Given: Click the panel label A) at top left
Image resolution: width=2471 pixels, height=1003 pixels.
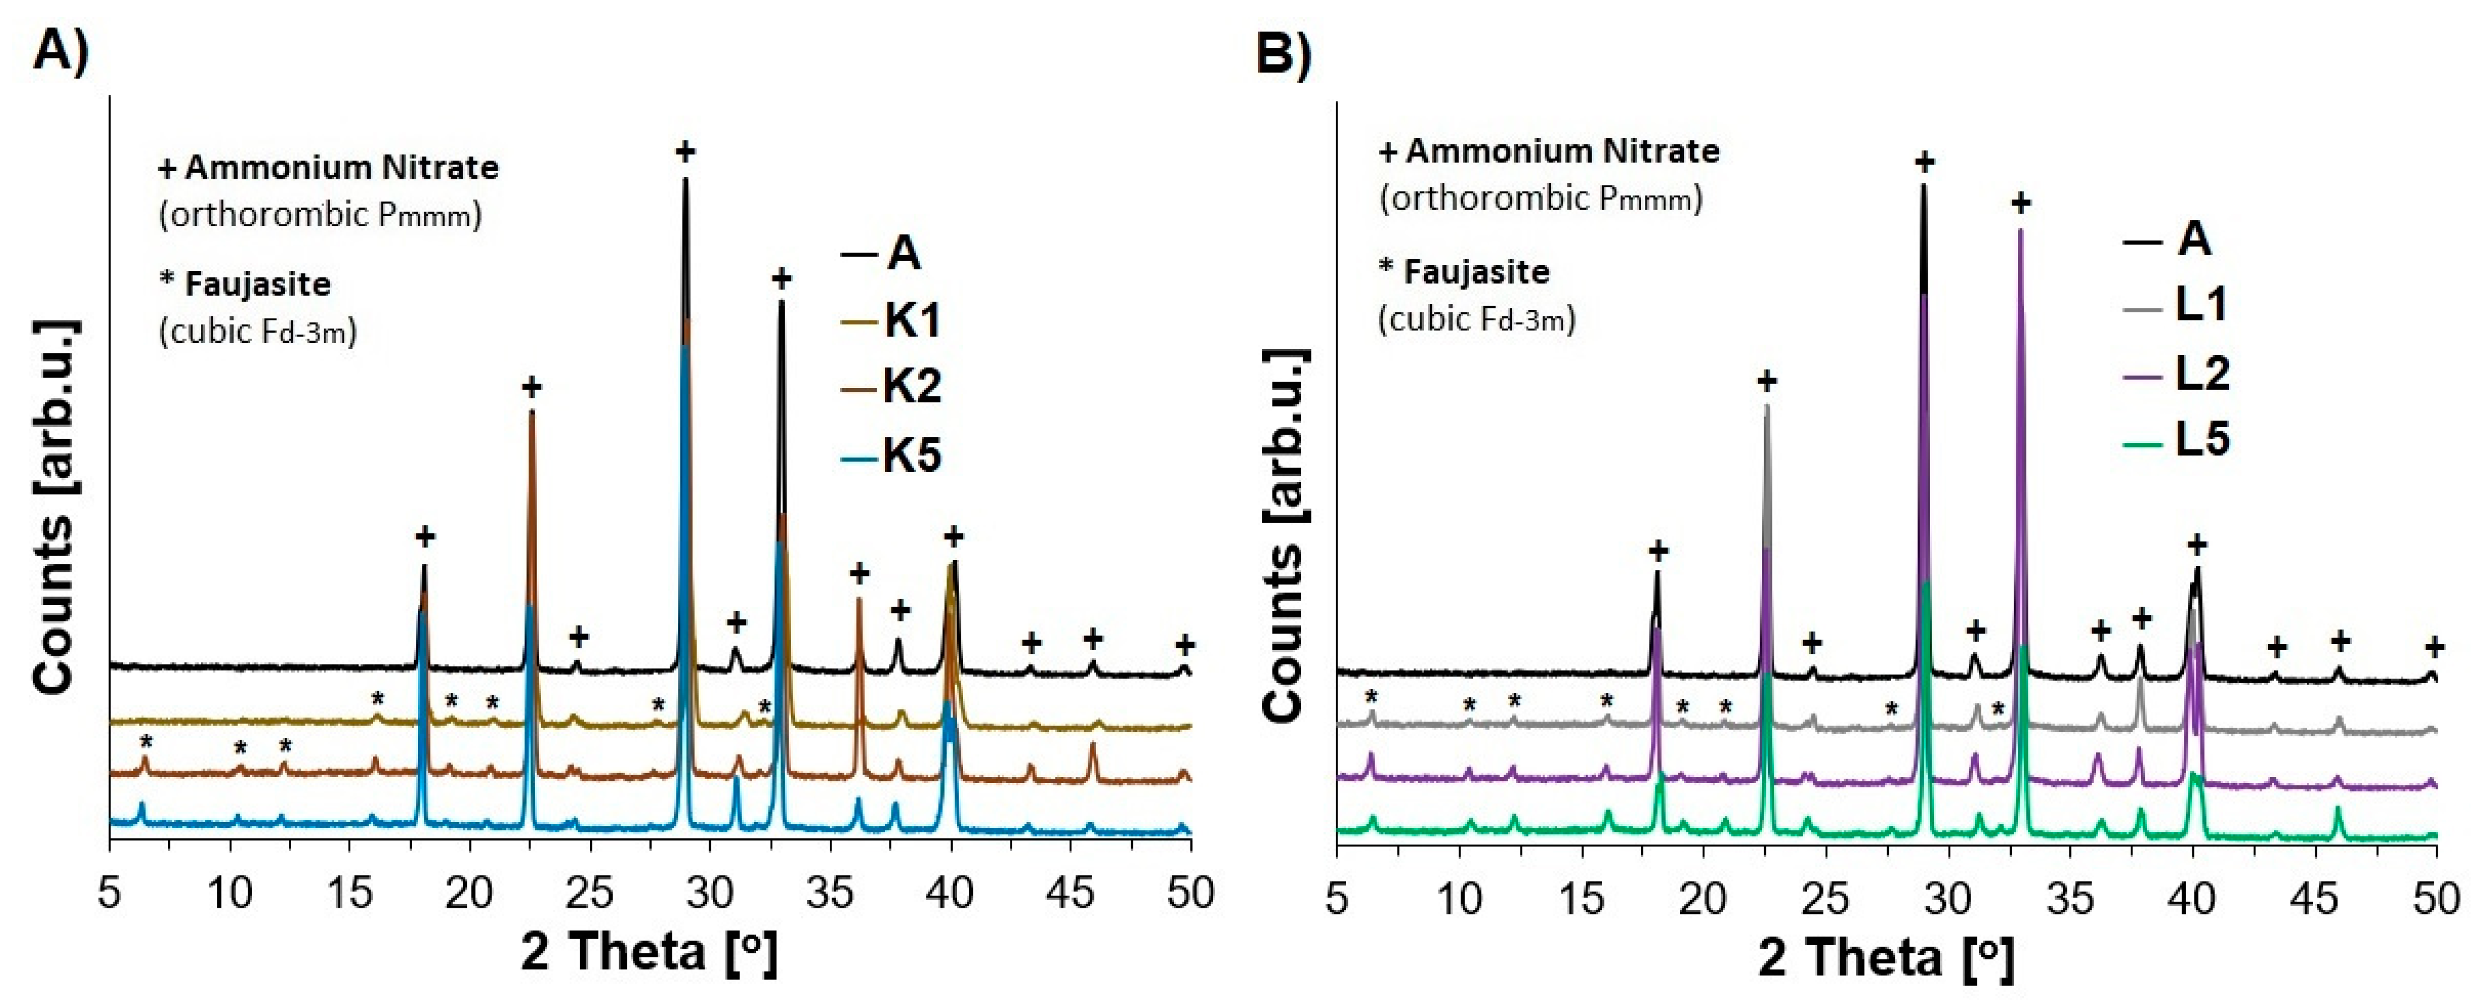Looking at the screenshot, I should point(59,50).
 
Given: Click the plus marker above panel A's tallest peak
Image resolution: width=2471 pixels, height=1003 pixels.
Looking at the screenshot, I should point(685,152).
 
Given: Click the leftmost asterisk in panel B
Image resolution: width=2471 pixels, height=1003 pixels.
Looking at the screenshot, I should point(1371,697).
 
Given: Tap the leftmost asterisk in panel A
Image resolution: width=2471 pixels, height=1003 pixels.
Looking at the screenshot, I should point(146,742).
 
